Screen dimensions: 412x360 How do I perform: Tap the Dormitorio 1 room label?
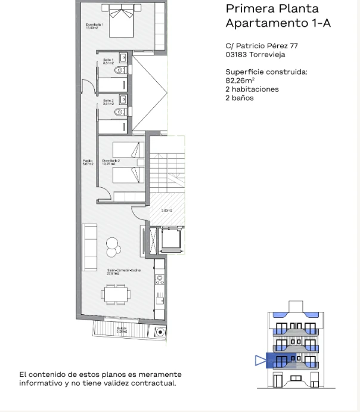(x=94, y=26)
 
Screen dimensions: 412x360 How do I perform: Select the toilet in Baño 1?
(x=119, y=70)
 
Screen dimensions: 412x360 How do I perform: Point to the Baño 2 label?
(x=108, y=101)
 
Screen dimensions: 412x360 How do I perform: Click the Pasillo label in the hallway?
(x=88, y=162)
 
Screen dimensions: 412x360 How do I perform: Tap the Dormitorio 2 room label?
(x=111, y=162)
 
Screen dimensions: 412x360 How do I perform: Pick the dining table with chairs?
(x=116, y=293)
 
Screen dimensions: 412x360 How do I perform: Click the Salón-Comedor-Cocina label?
(x=119, y=271)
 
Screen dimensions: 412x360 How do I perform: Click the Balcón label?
(x=122, y=329)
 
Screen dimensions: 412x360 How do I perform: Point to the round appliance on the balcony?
(x=160, y=332)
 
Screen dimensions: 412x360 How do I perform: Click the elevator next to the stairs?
(x=170, y=240)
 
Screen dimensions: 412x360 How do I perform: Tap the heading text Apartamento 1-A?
(x=278, y=23)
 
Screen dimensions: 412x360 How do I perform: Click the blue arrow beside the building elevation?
(x=259, y=360)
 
